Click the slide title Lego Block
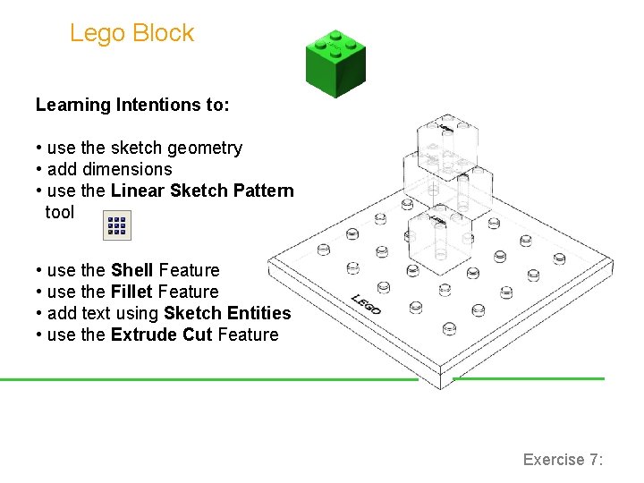(x=131, y=33)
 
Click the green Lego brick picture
(x=335, y=63)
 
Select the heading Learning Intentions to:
(x=132, y=105)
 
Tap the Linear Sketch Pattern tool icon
(x=117, y=224)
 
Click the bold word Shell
(x=132, y=270)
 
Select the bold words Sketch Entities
(x=227, y=313)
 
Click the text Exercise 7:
(x=563, y=460)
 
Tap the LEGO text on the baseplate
(x=366, y=304)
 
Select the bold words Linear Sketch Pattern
(x=202, y=191)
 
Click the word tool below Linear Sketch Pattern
(x=60, y=212)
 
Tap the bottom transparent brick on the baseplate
(x=438, y=236)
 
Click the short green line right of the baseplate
(x=528, y=378)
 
